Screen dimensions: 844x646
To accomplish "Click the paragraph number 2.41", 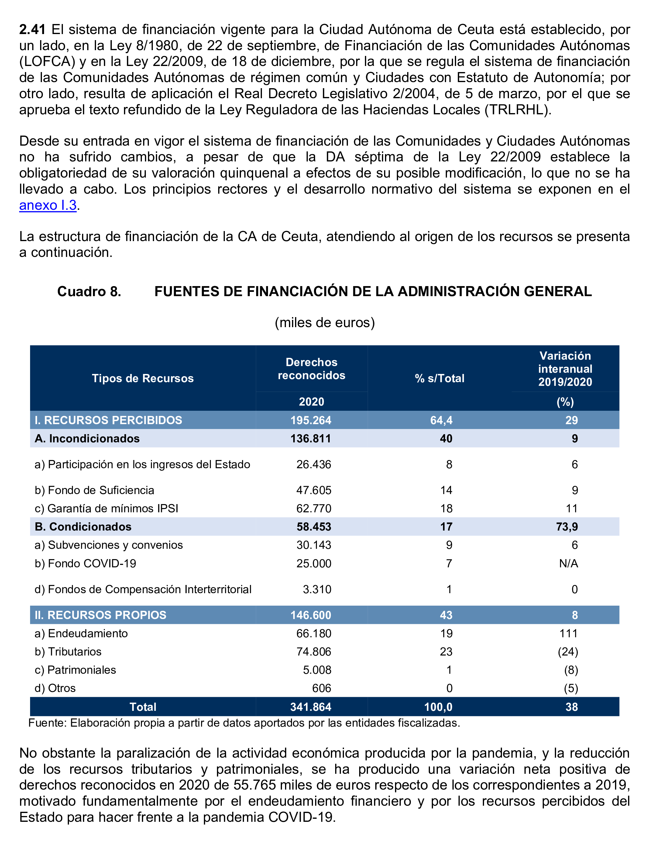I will (32, 29).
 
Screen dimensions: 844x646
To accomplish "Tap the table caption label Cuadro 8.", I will (89, 292).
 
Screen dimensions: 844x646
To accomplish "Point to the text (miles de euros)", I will (325, 322).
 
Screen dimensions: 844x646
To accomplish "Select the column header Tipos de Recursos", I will (143, 378).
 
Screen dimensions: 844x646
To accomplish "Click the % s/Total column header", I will (439, 378).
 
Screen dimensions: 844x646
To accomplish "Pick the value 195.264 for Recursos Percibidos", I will (311, 420).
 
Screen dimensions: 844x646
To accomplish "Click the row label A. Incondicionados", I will (87, 438).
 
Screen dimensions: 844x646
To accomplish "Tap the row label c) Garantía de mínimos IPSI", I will (107, 509).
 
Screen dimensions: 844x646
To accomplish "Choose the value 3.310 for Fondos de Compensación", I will (317, 589).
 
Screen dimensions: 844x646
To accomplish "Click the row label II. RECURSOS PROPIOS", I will (100, 615).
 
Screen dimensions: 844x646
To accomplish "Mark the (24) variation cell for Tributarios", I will (568, 652).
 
